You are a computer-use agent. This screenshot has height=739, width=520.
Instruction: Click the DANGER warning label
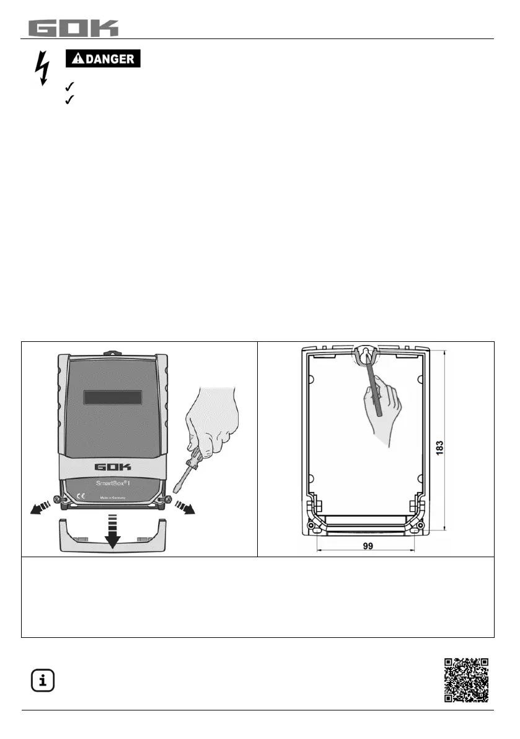[x=104, y=59]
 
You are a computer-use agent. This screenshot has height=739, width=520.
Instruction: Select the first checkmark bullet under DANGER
[x=69, y=88]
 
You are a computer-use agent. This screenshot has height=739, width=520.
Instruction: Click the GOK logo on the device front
[x=112, y=467]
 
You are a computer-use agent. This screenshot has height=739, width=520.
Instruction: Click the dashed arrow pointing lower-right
[x=184, y=506]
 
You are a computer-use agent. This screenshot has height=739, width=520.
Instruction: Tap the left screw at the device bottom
[x=58, y=499]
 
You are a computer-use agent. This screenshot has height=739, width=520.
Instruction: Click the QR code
[x=467, y=680]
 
